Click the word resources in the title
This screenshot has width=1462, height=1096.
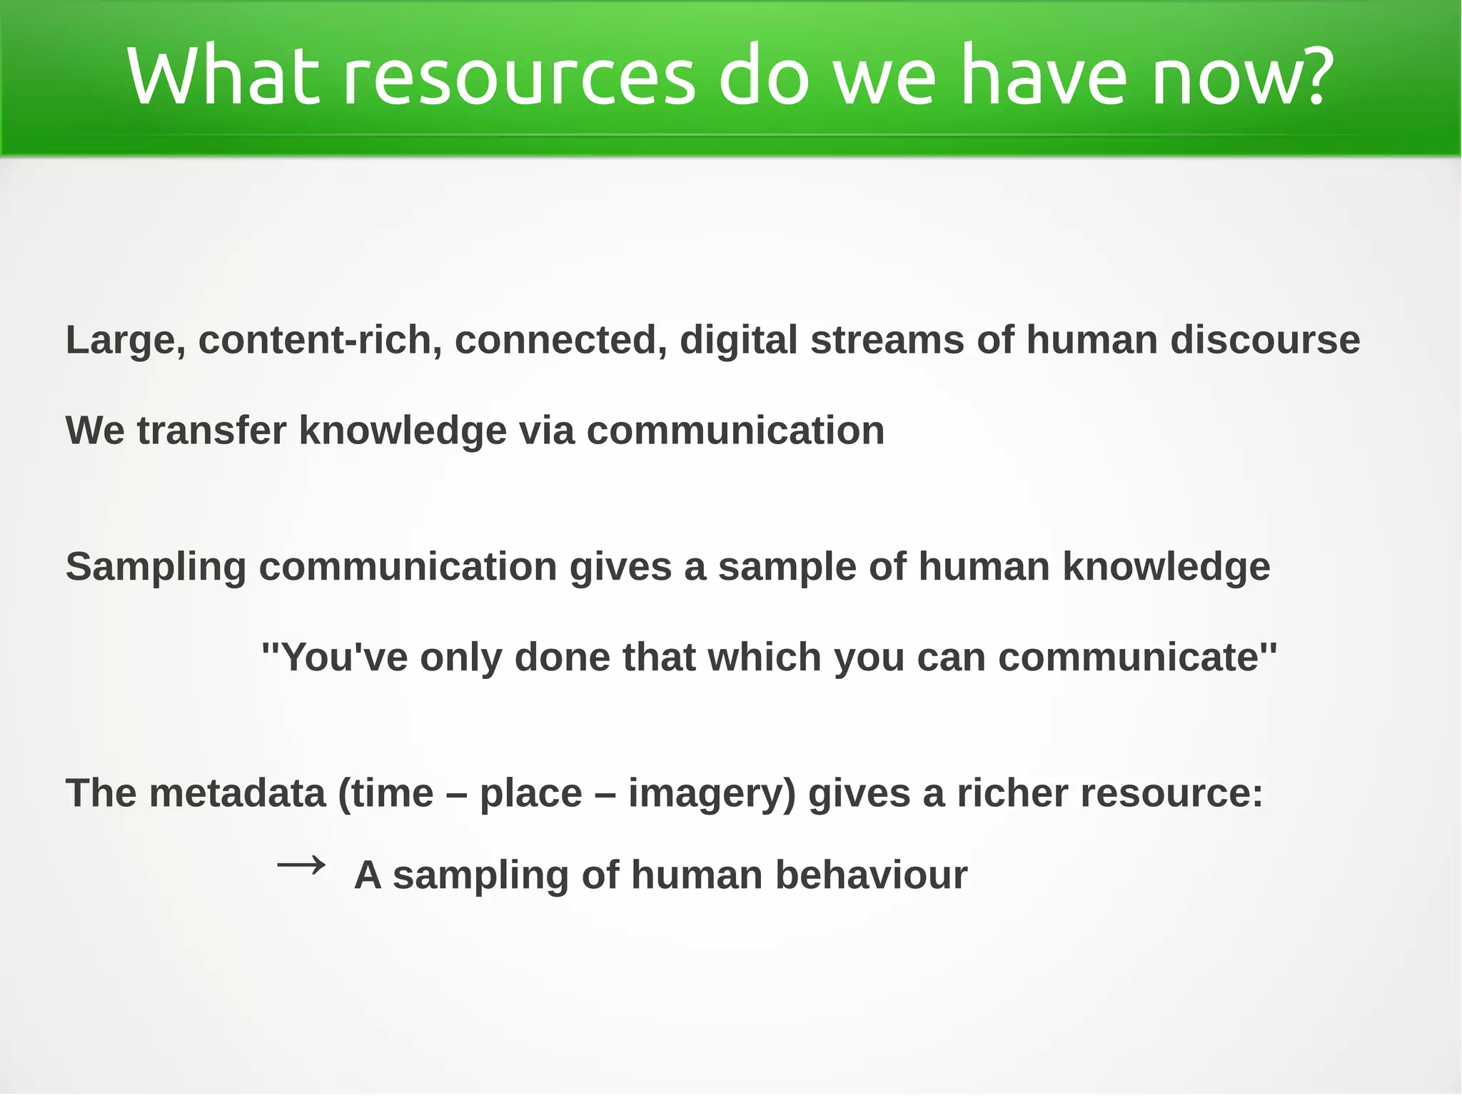(x=519, y=77)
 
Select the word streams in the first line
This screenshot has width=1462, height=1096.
(x=887, y=340)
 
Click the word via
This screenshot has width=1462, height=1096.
(x=546, y=431)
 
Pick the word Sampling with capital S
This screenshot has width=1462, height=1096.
(x=156, y=568)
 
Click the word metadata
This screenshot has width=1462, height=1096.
(x=237, y=793)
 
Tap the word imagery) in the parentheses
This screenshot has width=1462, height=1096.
(x=712, y=795)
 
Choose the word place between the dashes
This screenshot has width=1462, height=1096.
(x=530, y=795)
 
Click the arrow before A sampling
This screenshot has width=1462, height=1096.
(x=301, y=867)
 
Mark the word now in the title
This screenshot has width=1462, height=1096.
(x=1223, y=77)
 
